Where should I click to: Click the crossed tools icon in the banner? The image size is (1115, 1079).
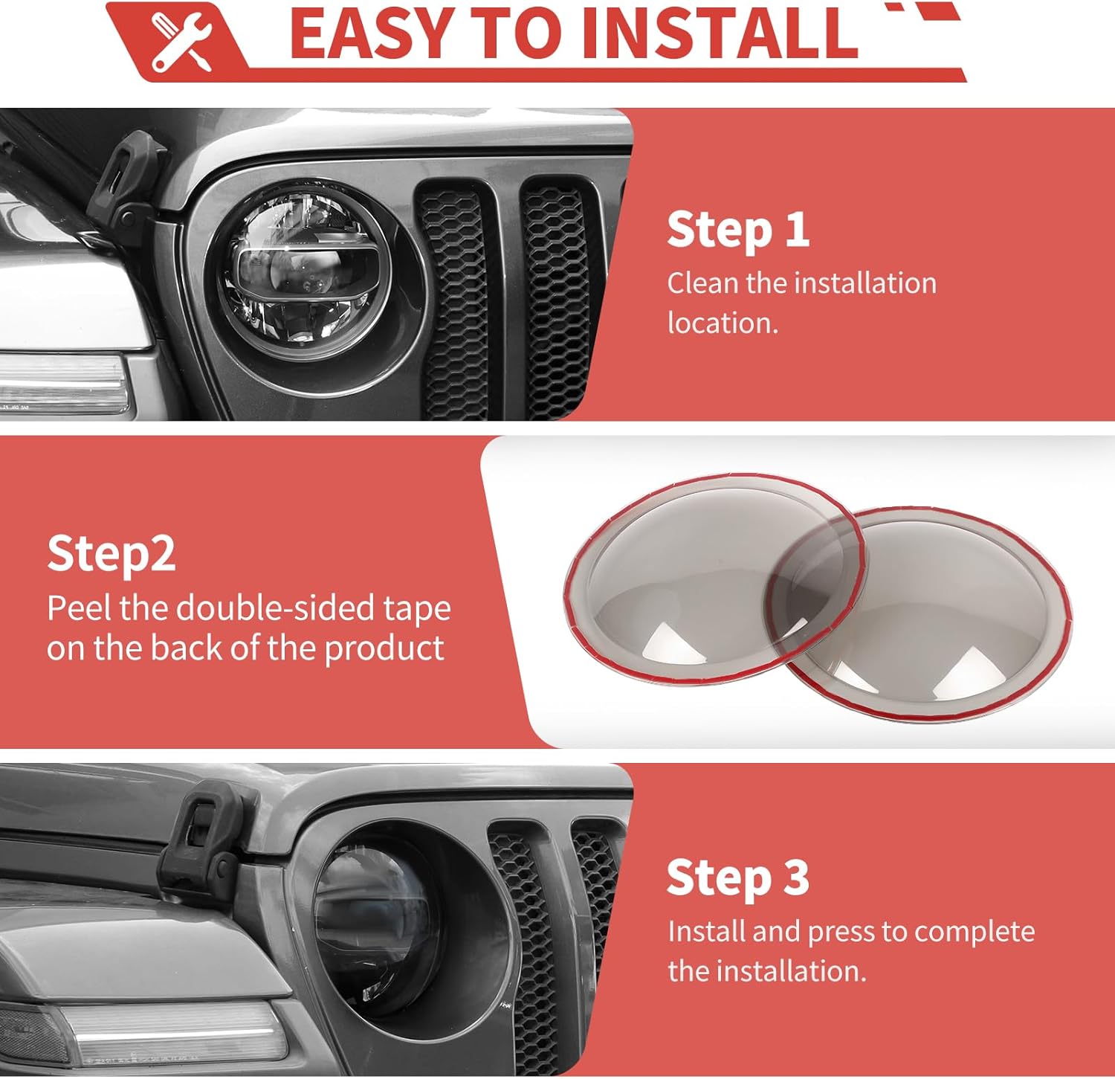(x=181, y=41)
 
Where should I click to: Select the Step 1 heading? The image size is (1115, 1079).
(x=737, y=230)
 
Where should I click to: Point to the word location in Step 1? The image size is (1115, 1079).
(x=722, y=323)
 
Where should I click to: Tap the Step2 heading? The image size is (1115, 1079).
(x=111, y=554)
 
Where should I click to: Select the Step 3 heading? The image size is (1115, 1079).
(x=737, y=878)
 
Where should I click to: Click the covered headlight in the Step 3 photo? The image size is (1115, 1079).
(x=387, y=926)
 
